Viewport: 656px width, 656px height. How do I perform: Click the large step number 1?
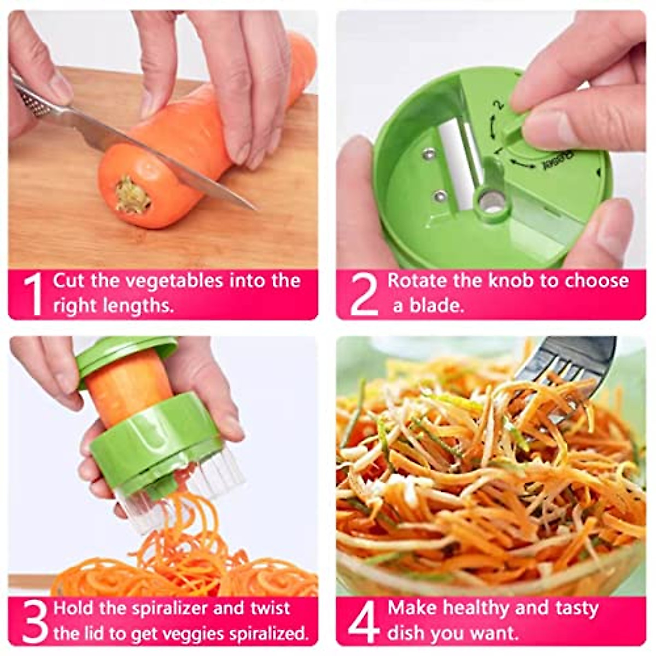33,294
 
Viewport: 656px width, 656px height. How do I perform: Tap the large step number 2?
364,294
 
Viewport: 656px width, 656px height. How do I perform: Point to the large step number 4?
364,622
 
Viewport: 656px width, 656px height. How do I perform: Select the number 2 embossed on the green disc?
497,104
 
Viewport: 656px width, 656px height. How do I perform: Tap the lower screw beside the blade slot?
439,195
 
